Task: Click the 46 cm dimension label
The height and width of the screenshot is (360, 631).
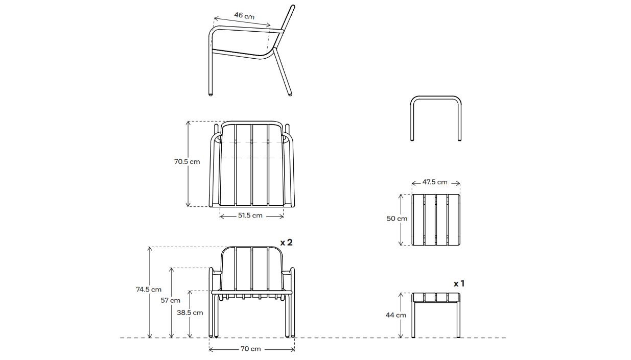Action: coord(244,15)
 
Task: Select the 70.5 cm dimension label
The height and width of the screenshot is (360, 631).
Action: coord(187,161)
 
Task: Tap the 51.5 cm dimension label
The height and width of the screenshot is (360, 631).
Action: coord(250,215)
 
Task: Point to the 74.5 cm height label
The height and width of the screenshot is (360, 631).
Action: coord(149,289)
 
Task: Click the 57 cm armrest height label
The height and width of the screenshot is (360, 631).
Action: coord(171,300)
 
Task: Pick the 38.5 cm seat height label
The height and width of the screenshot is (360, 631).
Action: coord(190,313)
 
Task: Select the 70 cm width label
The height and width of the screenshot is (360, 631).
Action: coord(250,349)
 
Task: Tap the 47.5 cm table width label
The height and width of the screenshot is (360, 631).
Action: coord(435,182)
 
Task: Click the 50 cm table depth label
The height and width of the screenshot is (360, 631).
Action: coord(397,219)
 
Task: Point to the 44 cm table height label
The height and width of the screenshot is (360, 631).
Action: coord(396,315)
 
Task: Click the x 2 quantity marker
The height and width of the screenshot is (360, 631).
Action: coord(286,243)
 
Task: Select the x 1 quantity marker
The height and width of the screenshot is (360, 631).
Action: coord(459,283)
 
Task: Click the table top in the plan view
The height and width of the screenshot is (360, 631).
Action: coord(436,220)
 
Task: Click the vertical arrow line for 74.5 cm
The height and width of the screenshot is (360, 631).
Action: coord(150,317)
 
